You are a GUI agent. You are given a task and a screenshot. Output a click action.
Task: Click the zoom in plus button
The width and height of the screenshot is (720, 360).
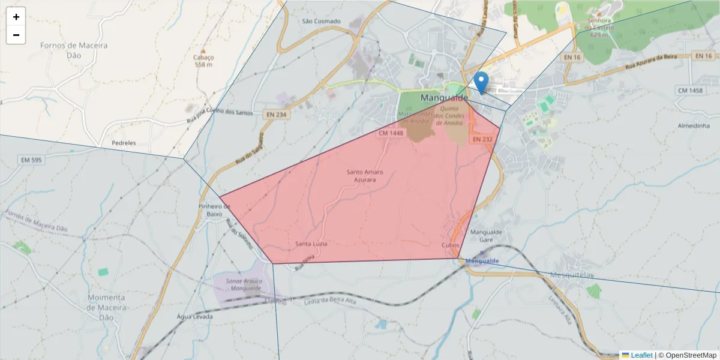(x=16, y=17)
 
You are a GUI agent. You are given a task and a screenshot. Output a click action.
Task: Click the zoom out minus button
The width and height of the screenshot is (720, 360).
(x=16, y=35)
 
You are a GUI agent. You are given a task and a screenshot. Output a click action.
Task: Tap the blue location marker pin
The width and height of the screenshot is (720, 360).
(x=481, y=82)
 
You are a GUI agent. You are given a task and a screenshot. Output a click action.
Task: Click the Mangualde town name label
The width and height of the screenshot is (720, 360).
(x=445, y=97)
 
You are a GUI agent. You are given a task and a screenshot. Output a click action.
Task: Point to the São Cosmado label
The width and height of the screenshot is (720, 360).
(x=321, y=21)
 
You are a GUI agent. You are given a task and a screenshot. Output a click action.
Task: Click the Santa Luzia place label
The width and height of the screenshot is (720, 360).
(x=311, y=244)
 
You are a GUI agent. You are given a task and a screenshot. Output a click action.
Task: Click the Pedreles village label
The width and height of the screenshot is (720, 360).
(x=124, y=143)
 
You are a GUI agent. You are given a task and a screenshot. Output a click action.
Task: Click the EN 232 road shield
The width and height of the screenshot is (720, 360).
(x=482, y=139)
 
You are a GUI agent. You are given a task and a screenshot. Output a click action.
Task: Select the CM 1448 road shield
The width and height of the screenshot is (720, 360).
(x=391, y=133)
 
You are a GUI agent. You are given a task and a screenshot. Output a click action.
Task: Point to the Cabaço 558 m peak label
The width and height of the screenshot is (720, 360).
(x=204, y=61)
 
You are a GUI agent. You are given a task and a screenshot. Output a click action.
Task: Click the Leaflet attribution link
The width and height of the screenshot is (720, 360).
(x=641, y=355)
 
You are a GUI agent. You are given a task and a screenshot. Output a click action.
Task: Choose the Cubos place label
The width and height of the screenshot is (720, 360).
(x=450, y=245)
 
